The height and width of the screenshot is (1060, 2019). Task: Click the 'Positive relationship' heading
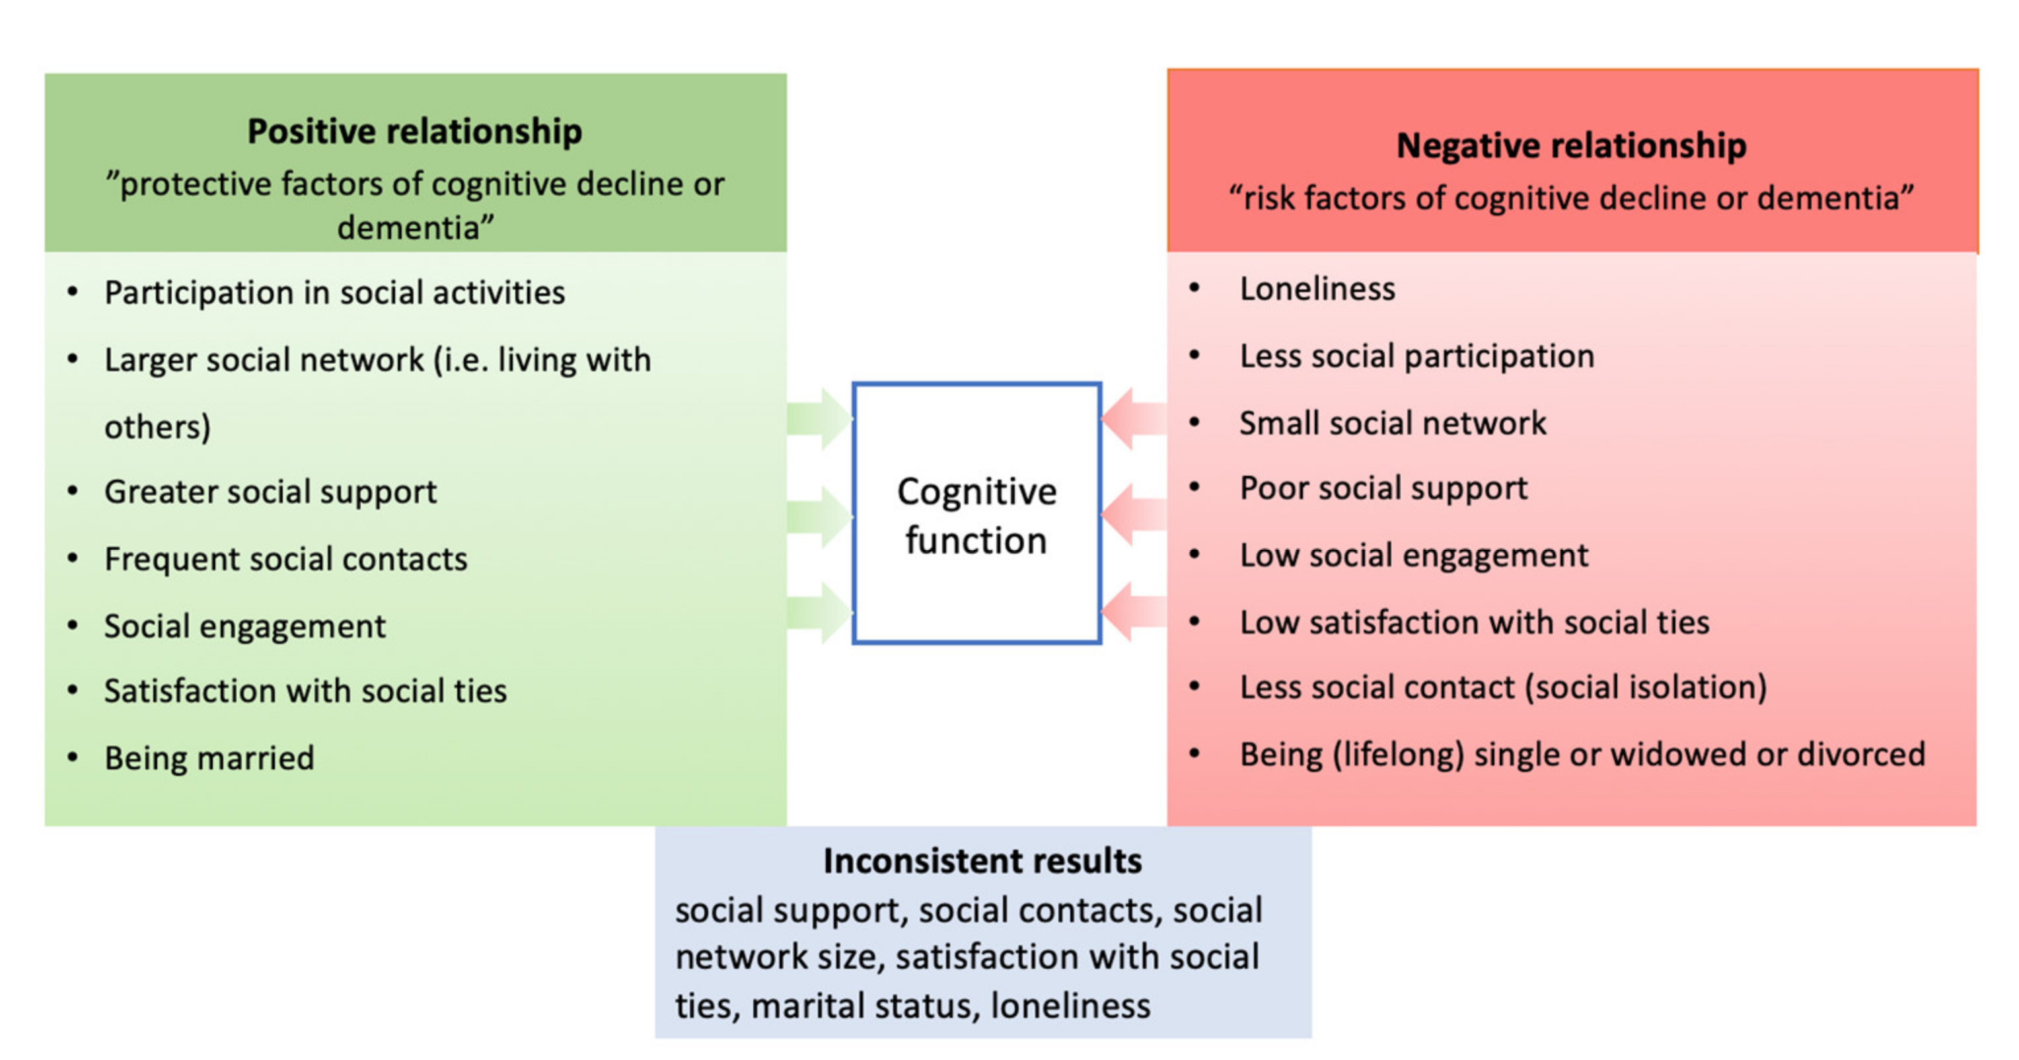tap(415, 131)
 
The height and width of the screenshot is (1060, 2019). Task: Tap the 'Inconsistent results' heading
tap(982, 861)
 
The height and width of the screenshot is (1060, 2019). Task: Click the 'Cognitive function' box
tap(976, 514)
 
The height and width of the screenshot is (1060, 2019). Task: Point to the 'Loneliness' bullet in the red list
tap(1317, 289)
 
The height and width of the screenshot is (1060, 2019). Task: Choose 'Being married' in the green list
tap(209, 758)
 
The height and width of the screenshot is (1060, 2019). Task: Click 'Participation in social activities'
tap(335, 293)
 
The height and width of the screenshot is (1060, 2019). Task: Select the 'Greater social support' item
tap(270, 492)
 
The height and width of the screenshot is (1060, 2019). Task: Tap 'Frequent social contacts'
tap(285, 559)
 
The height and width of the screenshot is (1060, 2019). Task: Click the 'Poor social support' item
tap(1383, 488)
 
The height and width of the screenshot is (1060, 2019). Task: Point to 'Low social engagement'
tap(1413, 555)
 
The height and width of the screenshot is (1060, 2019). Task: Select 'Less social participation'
tap(1416, 357)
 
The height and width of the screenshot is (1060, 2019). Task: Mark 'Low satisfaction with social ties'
tap(1473, 623)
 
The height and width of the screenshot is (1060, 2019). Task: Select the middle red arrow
tap(1134, 514)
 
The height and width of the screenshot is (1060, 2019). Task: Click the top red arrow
tap(1134, 418)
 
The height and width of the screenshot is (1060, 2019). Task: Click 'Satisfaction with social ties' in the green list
tap(306, 691)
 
